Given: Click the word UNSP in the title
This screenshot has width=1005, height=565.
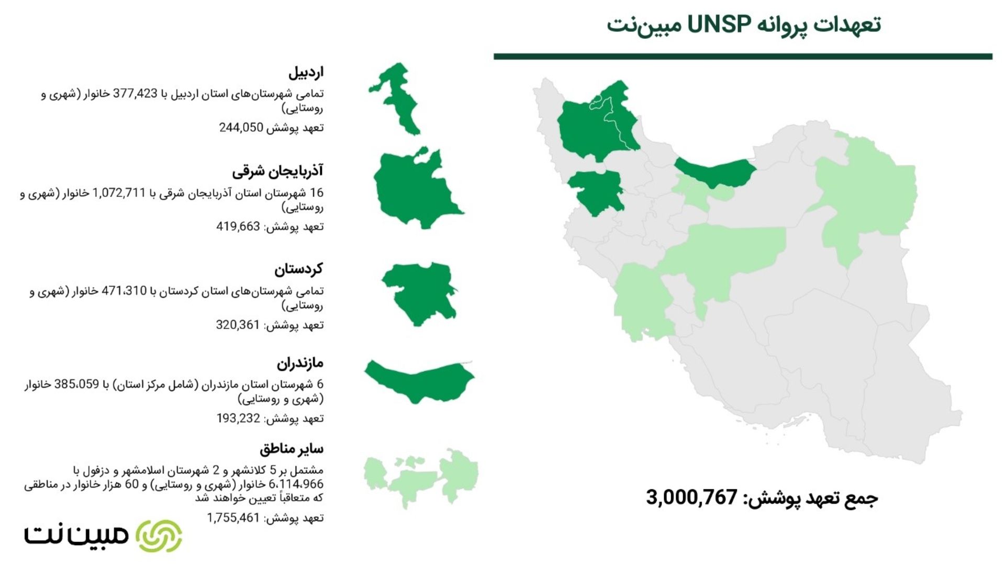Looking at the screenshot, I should point(719,24).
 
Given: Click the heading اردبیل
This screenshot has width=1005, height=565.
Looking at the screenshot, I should point(306,72).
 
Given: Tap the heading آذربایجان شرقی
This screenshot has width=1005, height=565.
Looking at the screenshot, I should point(277,171).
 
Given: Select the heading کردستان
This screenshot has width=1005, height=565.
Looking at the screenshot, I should point(298,269).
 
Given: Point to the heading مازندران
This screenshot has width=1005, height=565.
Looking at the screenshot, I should point(300,363).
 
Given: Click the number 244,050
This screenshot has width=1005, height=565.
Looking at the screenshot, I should point(241,128).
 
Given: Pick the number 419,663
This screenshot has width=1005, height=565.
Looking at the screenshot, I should point(238,227).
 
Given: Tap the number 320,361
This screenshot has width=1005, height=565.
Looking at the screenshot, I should point(238,325).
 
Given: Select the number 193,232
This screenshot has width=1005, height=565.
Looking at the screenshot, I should point(238,419).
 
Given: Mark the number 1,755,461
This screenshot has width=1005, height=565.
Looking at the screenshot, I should point(233,518).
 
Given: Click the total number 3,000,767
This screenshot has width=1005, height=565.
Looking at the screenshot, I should point(691,497).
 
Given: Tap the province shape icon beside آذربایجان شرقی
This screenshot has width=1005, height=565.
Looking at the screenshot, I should point(416,188).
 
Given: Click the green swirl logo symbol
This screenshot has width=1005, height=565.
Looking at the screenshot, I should point(159,536).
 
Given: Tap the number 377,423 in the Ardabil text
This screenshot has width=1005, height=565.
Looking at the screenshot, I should point(135,94).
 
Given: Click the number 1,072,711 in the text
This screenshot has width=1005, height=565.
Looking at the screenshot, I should point(118,193).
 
